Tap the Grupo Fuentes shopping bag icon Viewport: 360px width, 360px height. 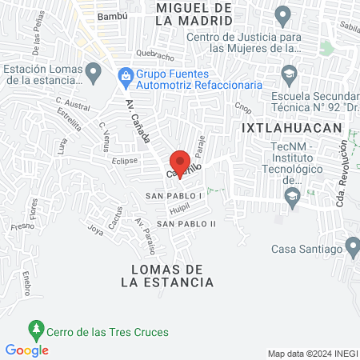point(125,76)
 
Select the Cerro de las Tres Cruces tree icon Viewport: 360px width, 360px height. point(35,328)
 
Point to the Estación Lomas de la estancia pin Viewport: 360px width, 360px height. point(94,74)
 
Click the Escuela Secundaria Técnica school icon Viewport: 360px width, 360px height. point(289,74)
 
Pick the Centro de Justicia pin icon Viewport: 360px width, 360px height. point(282,15)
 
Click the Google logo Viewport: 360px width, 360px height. point(27,350)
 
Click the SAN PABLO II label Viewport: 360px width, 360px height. point(186,223)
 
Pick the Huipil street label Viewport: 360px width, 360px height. point(177,208)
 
